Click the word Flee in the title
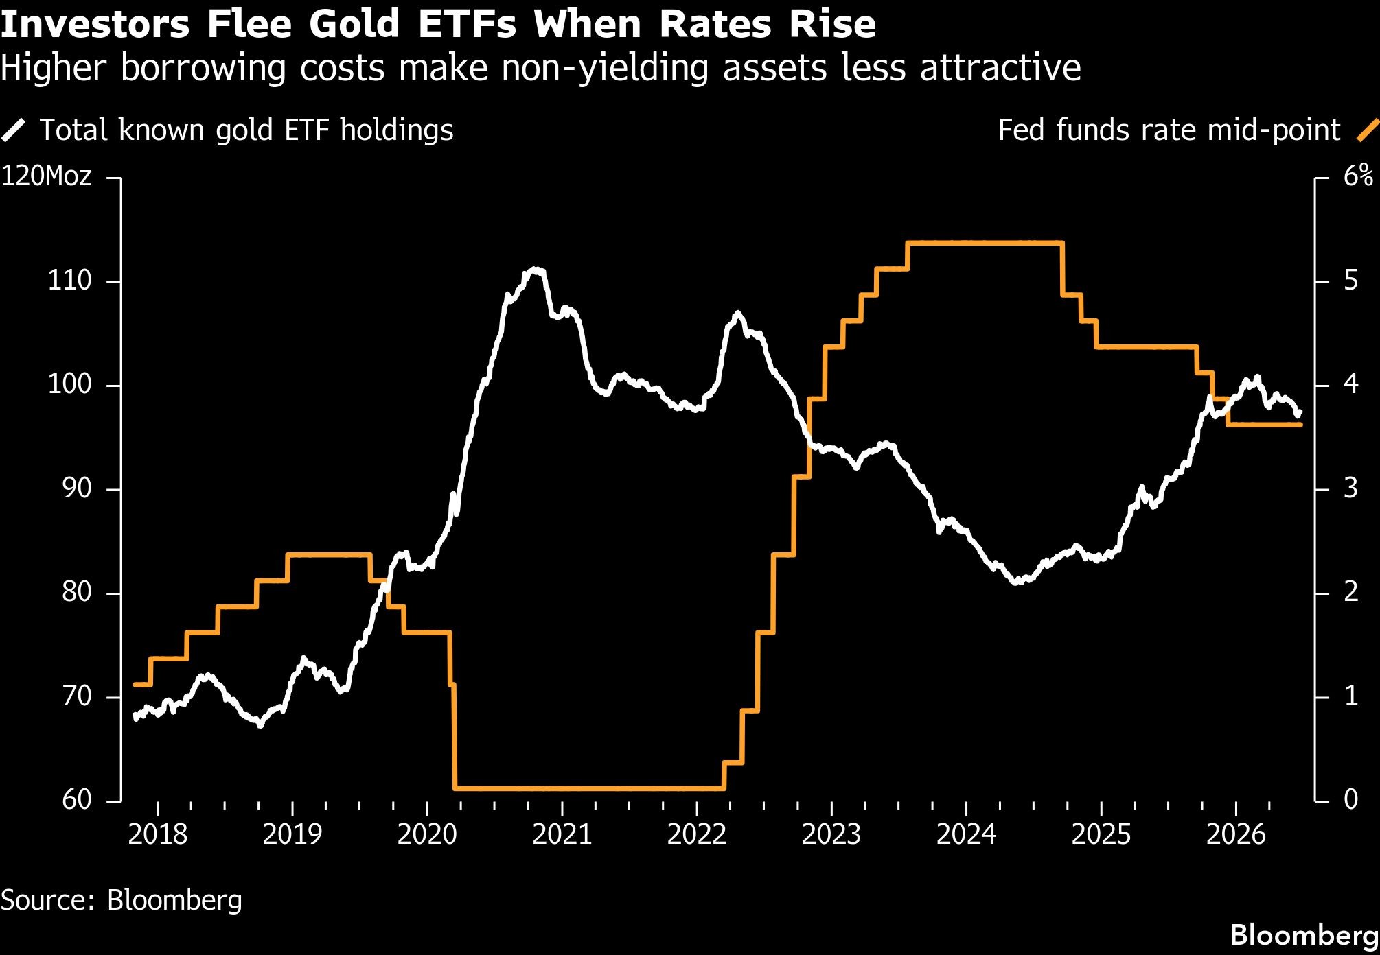[251, 24]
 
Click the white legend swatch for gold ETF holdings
[14, 130]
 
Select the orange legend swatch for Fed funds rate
[1368, 130]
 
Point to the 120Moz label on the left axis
[46, 177]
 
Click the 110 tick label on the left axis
[69, 281]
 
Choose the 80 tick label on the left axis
[76, 591]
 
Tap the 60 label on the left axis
[76, 799]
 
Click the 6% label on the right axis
[1358, 176]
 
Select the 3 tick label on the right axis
[1351, 488]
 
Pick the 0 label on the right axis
[1351, 799]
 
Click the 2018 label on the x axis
[157, 834]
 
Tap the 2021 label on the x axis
[562, 834]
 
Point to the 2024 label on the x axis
[967, 834]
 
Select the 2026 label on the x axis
[1236, 834]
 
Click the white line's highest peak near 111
[535, 270]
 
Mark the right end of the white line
[1299, 413]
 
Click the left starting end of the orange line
[135, 684]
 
